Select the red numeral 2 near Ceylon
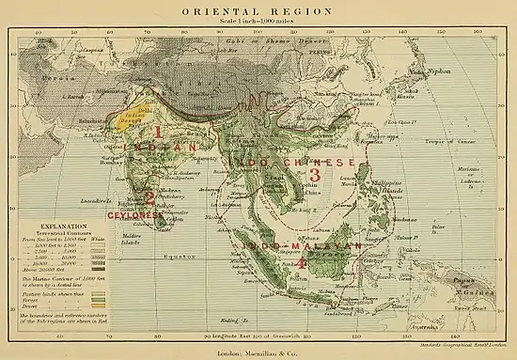pyautogui.click(x=149, y=197)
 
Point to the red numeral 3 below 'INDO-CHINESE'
pyautogui.click(x=316, y=175)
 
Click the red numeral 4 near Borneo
pyautogui.click(x=301, y=264)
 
